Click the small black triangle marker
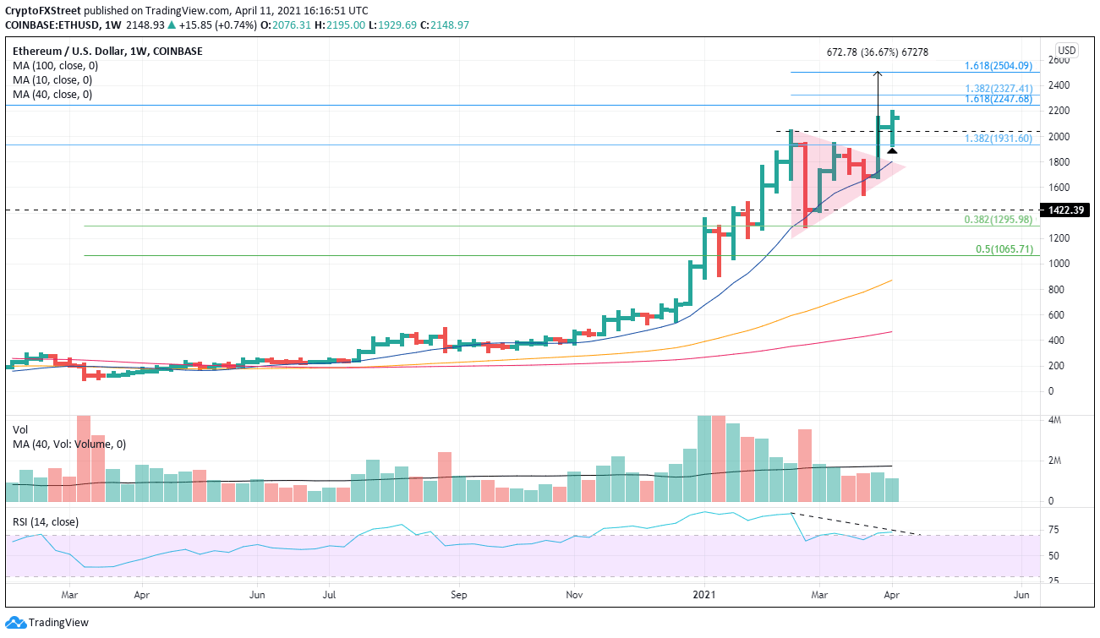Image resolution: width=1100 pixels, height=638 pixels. (x=891, y=150)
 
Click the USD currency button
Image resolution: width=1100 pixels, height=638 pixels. (x=1067, y=49)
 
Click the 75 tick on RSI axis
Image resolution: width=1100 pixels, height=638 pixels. (x=1054, y=530)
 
